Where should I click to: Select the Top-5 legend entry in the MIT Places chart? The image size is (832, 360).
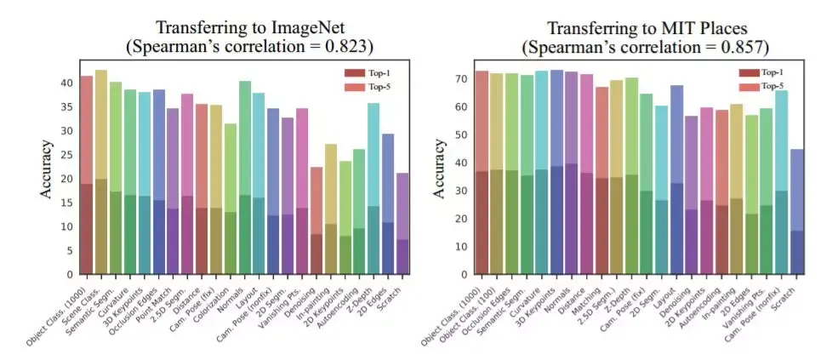point(770,87)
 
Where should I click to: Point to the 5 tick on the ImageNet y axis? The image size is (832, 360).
point(69,251)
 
